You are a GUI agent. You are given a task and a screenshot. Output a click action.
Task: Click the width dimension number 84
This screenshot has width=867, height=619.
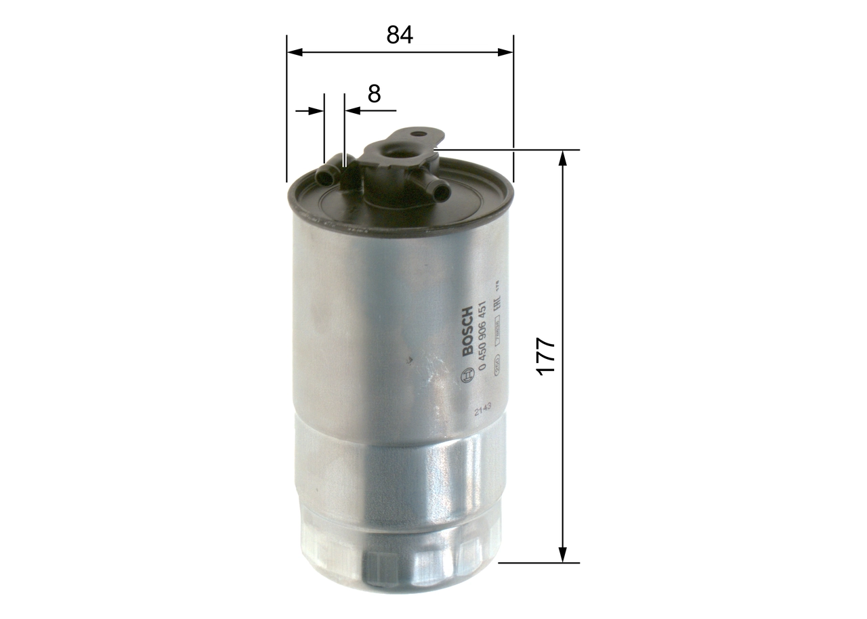click(x=400, y=35)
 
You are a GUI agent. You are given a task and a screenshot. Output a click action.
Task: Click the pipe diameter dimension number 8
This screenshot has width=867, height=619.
click(x=374, y=93)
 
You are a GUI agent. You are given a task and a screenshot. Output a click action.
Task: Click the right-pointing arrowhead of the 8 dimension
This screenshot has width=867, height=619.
click(x=317, y=110)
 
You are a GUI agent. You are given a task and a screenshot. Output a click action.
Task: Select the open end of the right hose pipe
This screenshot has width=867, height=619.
click(x=442, y=192)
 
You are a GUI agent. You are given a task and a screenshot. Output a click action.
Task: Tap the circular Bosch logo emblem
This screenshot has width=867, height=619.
click(x=467, y=375)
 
